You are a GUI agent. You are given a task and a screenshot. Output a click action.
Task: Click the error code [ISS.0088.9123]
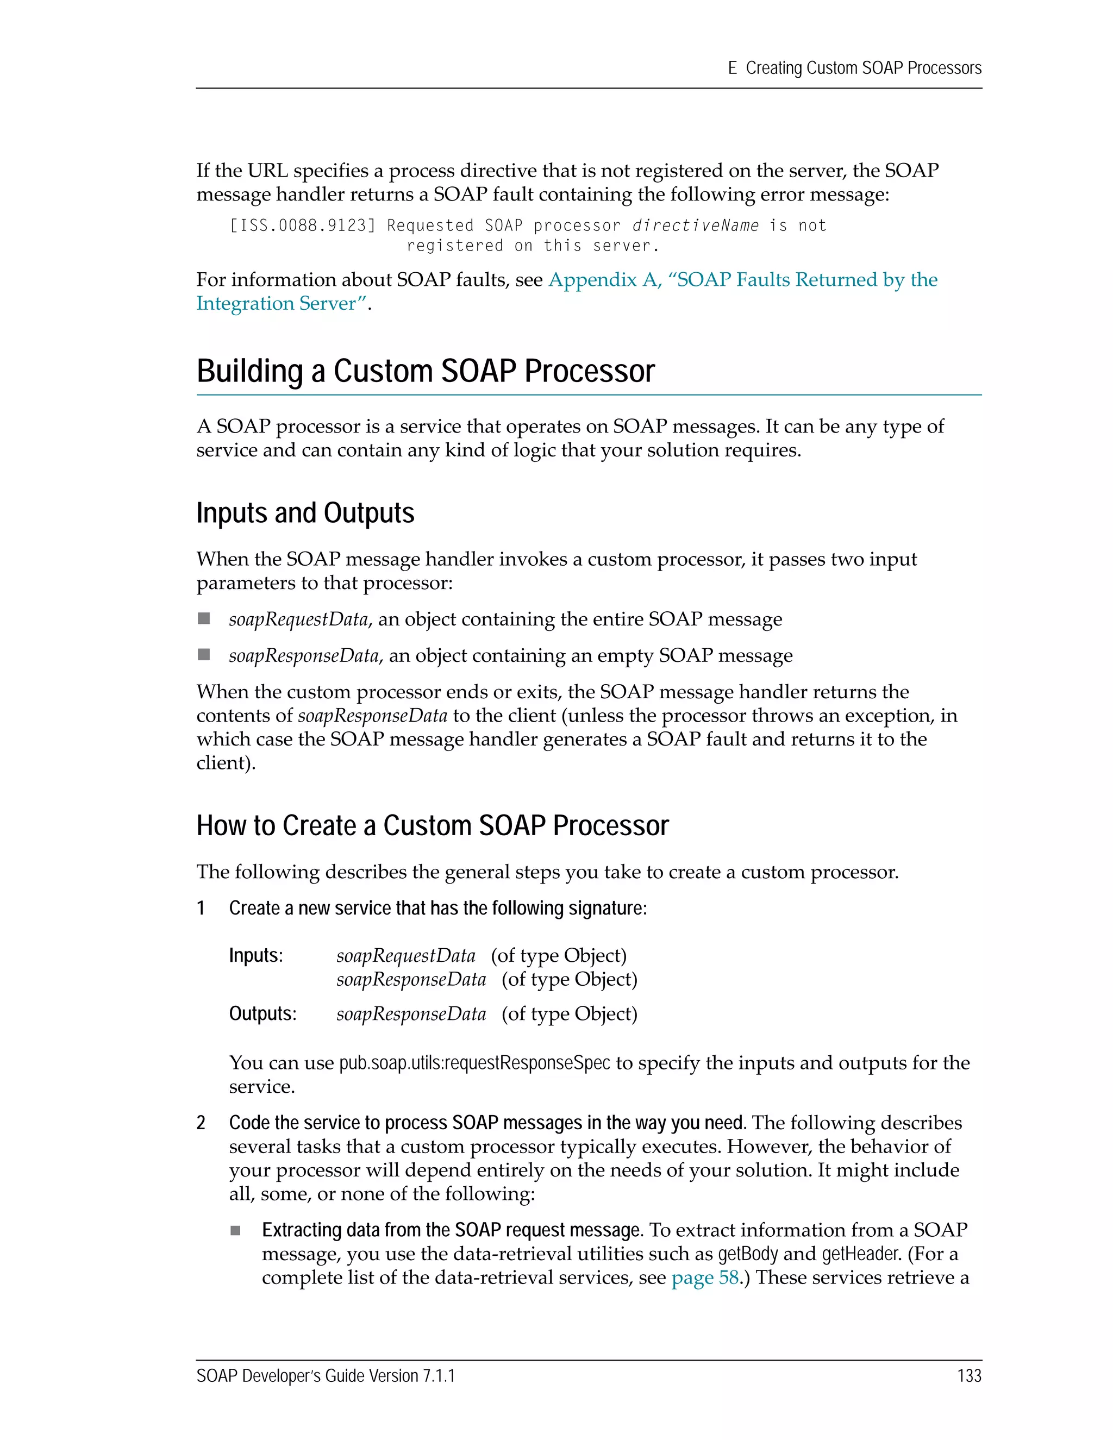click(302, 226)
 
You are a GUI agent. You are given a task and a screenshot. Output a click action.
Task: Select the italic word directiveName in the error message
click(695, 226)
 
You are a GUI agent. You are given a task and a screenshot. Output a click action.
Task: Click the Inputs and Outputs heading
click(305, 513)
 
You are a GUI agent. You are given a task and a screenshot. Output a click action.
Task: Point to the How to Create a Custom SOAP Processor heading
click(432, 825)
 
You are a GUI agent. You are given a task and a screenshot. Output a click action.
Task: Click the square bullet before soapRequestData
click(204, 618)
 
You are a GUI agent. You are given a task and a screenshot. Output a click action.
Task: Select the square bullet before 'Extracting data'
click(235, 1230)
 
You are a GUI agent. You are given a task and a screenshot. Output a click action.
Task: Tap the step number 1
click(201, 908)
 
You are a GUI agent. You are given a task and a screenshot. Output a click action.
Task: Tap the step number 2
click(201, 1122)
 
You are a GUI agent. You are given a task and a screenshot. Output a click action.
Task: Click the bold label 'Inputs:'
click(256, 955)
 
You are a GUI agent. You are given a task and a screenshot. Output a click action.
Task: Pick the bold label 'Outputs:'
click(262, 1013)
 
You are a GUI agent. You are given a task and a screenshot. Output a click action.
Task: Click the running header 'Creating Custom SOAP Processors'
click(863, 68)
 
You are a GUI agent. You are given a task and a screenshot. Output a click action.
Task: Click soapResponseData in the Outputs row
click(411, 1013)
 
